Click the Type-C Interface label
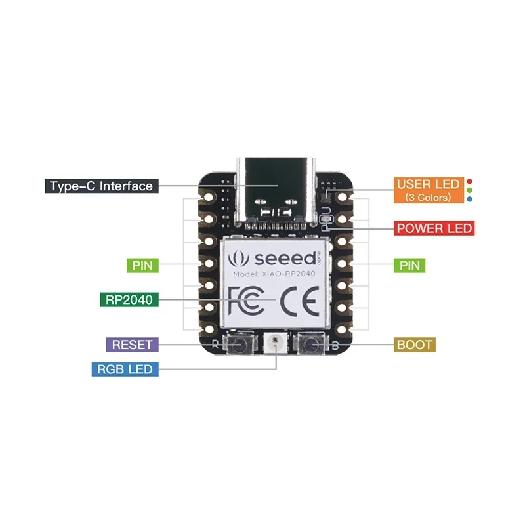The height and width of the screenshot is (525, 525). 102,186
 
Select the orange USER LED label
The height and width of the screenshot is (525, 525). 429,190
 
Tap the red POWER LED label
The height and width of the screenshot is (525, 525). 434,228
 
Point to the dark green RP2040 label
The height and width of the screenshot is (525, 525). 129,299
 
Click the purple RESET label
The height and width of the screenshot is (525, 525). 133,345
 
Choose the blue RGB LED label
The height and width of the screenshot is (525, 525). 125,369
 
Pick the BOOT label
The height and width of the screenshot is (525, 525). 415,345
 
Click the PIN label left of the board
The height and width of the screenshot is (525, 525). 142,266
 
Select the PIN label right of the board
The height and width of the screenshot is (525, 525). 409,266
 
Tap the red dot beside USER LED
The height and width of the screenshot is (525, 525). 469,182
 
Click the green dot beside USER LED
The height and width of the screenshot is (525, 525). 469,190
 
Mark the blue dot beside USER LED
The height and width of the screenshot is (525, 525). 469,199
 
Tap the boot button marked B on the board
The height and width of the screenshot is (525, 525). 310,344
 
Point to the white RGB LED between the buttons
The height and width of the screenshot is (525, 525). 275,343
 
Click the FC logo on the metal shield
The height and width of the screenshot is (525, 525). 245,301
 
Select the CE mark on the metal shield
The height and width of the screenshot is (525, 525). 299,301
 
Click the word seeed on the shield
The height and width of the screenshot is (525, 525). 285,258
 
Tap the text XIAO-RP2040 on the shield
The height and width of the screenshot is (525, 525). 289,274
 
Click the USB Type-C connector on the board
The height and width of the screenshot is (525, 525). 276,192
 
